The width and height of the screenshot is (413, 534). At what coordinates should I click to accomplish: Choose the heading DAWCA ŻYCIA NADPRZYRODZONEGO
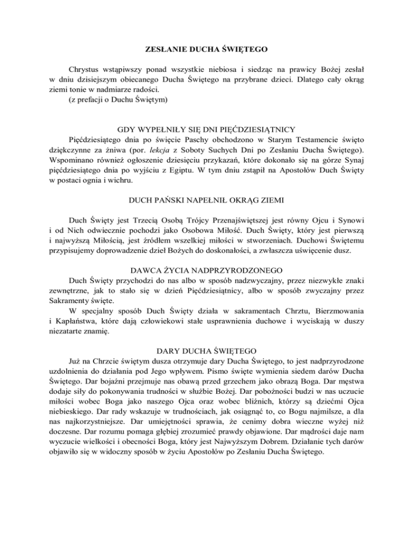(x=206, y=271)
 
